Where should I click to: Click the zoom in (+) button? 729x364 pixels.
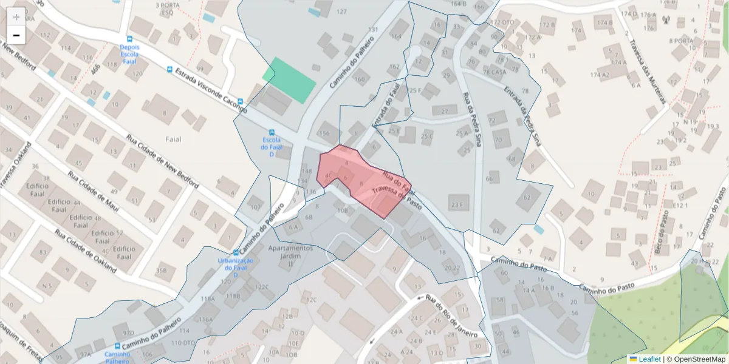click(x=16, y=17)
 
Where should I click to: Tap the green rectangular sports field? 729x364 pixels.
click(x=289, y=77)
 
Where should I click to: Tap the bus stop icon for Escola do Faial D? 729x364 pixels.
click(x=271, y=132)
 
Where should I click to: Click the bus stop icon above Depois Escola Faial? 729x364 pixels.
click(x=129, y=38)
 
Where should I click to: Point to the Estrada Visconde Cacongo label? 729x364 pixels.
click(x=210, y=91)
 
